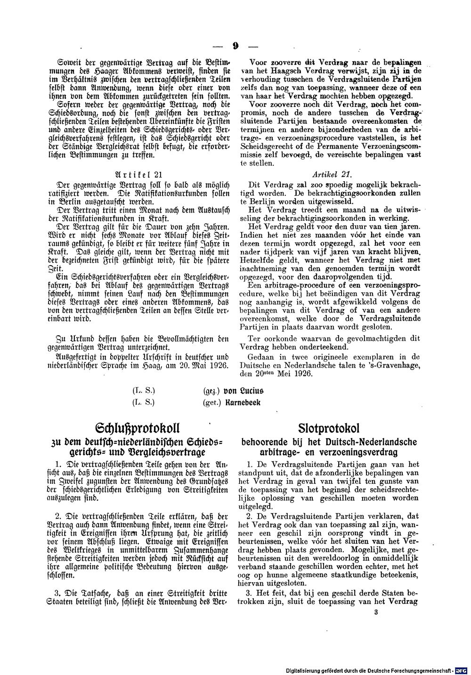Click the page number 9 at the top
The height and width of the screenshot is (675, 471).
235,46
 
